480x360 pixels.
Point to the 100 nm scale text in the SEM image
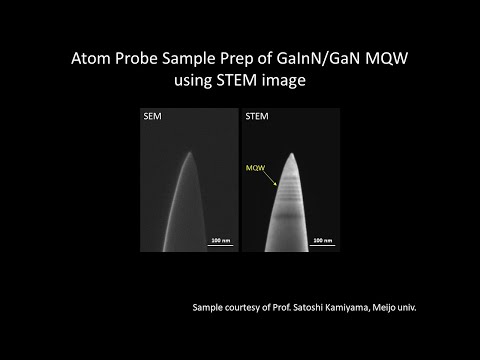click(218, 240)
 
